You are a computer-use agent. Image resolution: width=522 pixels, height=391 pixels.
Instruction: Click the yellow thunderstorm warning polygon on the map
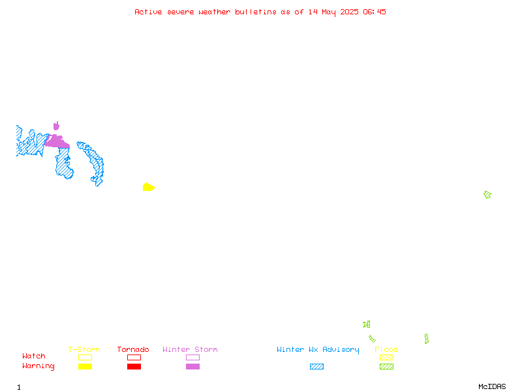coord(149,187)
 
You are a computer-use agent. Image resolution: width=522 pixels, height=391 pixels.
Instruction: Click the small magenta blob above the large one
coord(56,126)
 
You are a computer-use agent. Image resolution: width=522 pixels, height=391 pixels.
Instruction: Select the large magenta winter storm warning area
coord(57,141)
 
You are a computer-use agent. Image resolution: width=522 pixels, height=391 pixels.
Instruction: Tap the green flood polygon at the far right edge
coord(487,194)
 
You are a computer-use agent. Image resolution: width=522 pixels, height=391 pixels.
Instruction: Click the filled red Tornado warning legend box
coord(134,366)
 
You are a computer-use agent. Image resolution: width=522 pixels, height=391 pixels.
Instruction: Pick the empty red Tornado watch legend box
coord(134,357)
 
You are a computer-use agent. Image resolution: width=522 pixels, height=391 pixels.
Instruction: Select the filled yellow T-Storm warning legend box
coord(85,366)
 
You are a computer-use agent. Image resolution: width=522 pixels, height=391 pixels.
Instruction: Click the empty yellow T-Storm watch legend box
coord(85,357)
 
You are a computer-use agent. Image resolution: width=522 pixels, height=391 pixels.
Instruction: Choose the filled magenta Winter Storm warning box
coord(192,366)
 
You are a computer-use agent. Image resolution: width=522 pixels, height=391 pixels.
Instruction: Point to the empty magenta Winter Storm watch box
coord(192,357)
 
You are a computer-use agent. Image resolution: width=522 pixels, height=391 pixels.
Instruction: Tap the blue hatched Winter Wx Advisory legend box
coord(316,366)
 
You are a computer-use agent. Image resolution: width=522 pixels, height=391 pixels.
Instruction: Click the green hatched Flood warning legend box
coord(386,366)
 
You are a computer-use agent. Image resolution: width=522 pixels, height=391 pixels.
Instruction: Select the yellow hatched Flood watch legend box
coord(386,357)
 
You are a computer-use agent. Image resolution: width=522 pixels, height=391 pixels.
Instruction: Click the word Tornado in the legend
coord(133,349)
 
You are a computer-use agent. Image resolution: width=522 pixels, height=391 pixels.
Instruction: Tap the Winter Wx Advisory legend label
coord(318,350)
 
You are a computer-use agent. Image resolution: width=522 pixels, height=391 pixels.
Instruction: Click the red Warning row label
coord(38,366)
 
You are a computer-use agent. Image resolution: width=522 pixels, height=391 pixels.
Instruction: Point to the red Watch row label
coord(34,356)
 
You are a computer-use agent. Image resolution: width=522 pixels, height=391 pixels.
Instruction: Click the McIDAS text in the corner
coord(492,386)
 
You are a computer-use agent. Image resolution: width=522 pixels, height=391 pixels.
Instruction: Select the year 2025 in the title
coord(349,12)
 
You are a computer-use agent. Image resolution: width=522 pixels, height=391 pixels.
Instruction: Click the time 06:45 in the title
coord(375,12)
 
